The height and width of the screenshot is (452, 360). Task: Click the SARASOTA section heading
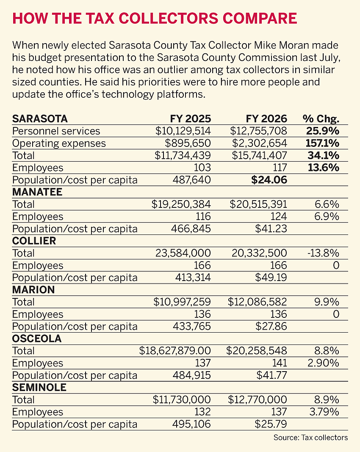point(40,119)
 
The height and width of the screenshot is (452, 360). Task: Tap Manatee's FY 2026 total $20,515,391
point(258,204)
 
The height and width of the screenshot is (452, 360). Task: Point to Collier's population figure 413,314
point(193,278)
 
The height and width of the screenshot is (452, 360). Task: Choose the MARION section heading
point(34,290)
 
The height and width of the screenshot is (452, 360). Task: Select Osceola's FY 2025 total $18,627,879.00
point(175,351)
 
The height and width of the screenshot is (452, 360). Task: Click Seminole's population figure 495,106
point(193,424)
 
